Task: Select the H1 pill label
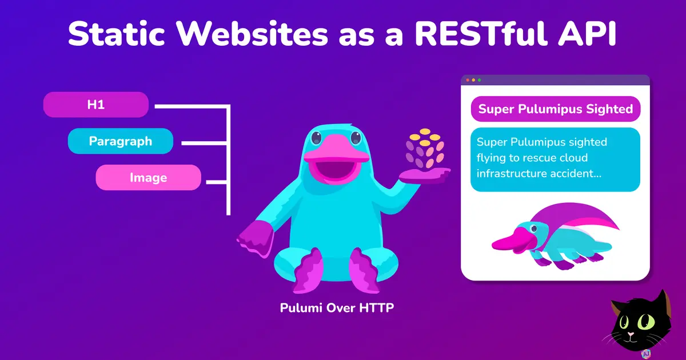(96, 105)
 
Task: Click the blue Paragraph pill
(121, 141)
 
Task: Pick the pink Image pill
(148, 178)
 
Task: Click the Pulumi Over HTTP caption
(337, 308)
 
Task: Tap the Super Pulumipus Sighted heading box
(555, 109)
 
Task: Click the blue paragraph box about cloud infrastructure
(555, 159)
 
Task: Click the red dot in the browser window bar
(468, 80)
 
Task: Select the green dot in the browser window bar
(479, 80)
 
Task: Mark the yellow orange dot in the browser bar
(473, 80)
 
